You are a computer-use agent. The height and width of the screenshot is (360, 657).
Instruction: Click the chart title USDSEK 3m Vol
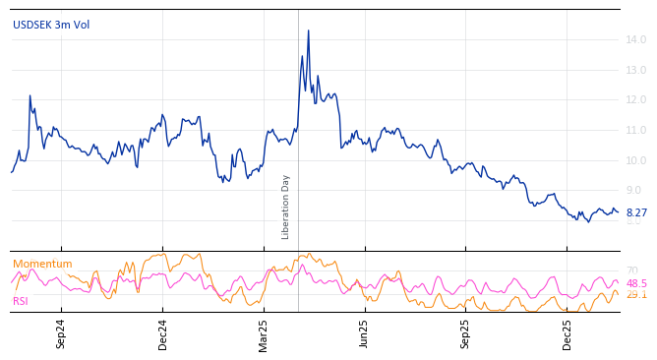(51, 25)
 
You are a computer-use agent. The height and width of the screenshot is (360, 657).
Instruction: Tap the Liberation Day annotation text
(286, 207)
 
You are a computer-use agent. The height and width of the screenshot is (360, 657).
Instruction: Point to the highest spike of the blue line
(308, 30)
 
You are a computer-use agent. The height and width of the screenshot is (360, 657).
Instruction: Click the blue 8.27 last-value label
(636, 212)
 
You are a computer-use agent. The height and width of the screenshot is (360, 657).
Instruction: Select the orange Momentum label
(42, 264)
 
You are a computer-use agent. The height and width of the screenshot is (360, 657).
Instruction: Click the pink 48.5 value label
(636, 283)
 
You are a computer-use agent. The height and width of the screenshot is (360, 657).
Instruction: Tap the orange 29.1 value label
(636, 294)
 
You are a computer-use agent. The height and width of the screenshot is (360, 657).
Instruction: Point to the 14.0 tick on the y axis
(635, 39)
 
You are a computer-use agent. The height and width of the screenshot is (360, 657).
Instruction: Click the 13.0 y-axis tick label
(635, 70)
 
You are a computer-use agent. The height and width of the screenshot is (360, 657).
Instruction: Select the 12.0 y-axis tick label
(635, 99)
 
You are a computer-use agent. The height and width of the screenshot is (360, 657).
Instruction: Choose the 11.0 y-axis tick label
(635, 130)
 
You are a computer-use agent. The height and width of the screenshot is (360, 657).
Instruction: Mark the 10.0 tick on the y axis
(635, 160)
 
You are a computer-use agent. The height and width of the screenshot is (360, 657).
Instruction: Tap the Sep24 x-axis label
(61, 334)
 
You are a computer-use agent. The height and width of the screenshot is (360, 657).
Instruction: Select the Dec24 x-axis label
(163, 334)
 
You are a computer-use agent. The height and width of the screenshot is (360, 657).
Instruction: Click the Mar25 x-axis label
(264, 334)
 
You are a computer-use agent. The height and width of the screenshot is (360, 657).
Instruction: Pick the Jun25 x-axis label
(364, 334)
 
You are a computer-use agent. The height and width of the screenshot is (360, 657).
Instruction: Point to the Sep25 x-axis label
(466, 334)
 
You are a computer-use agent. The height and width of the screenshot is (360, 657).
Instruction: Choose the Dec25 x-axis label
(567, 334)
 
